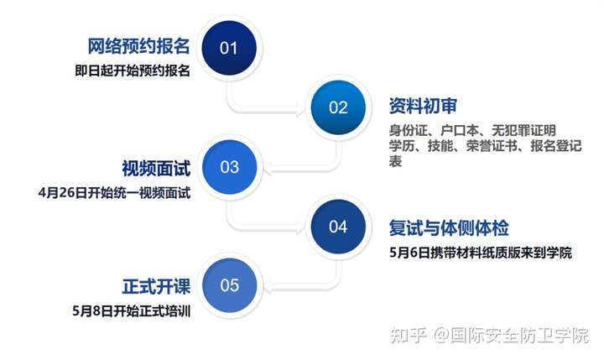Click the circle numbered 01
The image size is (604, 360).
point(229,48)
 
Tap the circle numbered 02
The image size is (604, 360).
point(338,107)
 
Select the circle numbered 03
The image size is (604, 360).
point(230,167)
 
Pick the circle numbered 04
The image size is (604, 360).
point(338,227)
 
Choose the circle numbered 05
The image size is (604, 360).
point(230,285)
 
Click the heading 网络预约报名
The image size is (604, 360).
point(138,46)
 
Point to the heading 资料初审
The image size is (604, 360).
point(423,106)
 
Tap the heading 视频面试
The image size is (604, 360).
point(156,169)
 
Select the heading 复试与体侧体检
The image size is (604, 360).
point(449,228)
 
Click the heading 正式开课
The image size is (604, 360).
point(156,287)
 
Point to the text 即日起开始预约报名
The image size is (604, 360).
point(133,71)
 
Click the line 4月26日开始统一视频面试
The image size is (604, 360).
point(114,193)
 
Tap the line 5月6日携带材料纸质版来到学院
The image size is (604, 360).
point(481,253)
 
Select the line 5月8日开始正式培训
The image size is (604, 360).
point(132,311)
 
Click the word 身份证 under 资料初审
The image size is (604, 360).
point(409,131)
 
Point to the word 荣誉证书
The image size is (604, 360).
point(492,146)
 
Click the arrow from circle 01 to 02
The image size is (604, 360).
point(247,111)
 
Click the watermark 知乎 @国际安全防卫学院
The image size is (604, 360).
point(489,336)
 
